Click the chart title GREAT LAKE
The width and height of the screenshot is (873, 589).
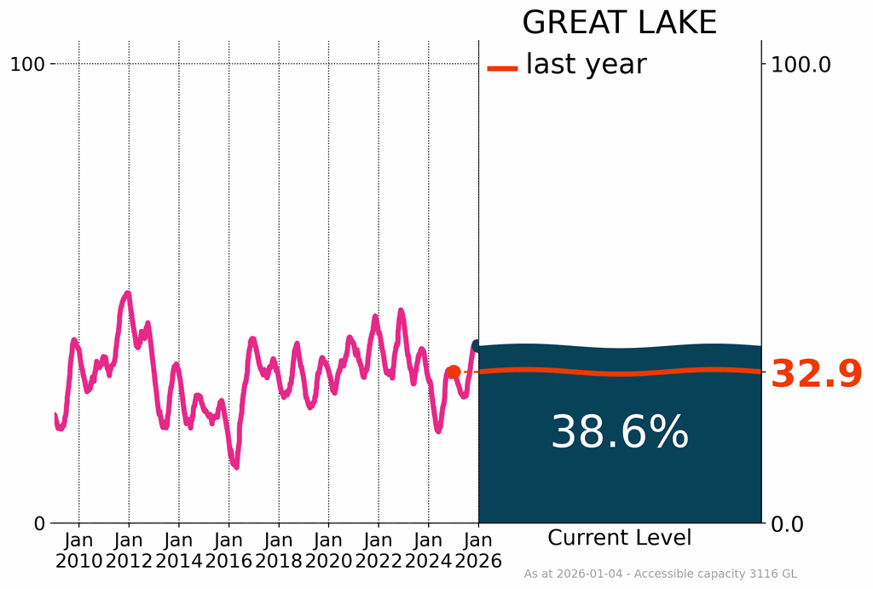click(619, 23)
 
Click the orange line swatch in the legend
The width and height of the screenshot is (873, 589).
click(502, 67)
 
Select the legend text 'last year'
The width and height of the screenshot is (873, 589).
click(586, 64)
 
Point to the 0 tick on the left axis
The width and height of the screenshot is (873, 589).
click(39, 523)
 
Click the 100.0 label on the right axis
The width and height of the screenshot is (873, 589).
click(801, 64)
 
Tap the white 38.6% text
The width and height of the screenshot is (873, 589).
click(620, 433)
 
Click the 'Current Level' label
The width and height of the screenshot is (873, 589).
click(620, 539)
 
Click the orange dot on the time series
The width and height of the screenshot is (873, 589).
click(454, 372)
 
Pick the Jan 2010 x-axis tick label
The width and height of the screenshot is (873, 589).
click(79, 551)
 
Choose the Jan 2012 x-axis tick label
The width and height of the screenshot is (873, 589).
click(129, 551)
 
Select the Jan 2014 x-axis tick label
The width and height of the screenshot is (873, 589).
click(179, 551)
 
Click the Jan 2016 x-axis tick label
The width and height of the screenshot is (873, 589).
click(228, 551)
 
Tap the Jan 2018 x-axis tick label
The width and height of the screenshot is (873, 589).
click(279, 551)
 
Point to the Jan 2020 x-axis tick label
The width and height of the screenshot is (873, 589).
click(328, 551)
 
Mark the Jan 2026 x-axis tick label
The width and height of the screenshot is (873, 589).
click(478, 551)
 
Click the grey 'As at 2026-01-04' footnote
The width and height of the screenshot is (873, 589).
click(660, 575)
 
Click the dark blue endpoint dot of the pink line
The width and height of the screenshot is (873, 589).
click(477, 346)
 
